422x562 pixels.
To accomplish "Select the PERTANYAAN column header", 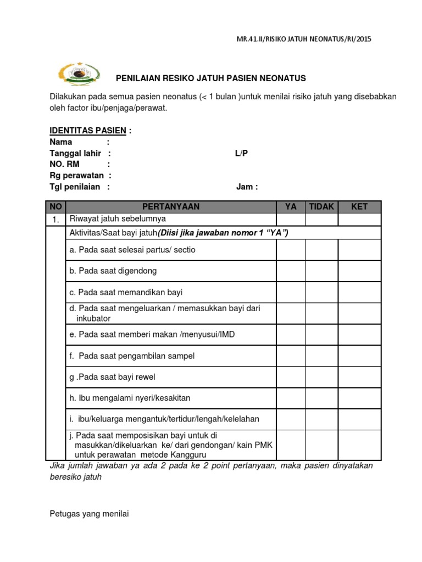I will click(171, 206).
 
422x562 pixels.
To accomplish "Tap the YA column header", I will click(291, 206).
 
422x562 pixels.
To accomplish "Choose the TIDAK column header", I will click(321, 206).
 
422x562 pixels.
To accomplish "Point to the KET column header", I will click(359, 206).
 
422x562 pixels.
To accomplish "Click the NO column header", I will click(56, 206).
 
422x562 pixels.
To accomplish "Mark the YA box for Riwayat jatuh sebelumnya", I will click(291, 220).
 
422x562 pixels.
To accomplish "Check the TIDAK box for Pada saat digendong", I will click(321, 271).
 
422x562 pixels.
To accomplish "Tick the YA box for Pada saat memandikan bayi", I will click(291, 292).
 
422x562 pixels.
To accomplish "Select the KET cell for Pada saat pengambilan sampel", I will click(359, 356).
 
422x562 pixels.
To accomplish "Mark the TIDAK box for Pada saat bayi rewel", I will click(321, 377).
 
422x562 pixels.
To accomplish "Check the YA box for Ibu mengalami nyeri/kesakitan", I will click(291, 398).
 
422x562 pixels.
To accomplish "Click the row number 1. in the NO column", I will click(56, 220).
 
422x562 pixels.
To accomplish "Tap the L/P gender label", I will click(241, 153).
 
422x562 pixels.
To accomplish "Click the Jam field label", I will click(247, 187).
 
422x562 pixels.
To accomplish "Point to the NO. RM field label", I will click(65, 164).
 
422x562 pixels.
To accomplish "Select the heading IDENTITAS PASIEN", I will click(88, 131).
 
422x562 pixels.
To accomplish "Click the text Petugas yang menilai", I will click(88, 514).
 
